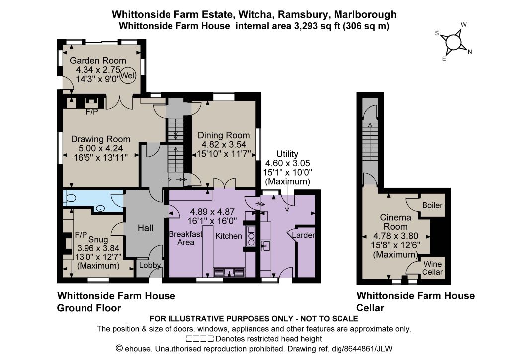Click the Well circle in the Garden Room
(x=128, y=75)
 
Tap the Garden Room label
(x=98, y=60)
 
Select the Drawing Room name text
(x=100, y=139)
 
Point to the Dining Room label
(x=224, y=135)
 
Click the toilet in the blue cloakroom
(x=69, y=198)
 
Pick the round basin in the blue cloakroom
(x=100, y=209)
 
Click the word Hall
(x=145, y=228)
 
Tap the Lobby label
(x=150, y=265)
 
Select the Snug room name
(x=98, y=240)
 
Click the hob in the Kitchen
(x=251, y=236)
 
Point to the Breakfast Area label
(x=186, y=238)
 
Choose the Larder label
(x=303, y=235)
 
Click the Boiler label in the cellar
(x=432, y=205)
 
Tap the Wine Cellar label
(x=432, y=268)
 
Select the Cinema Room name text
(x=395, y=222)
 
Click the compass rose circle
(x=453, y=42)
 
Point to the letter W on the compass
(x=464, y=25)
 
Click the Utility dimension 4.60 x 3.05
(x=287, y=163)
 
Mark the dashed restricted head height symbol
(x=200, y=339)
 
